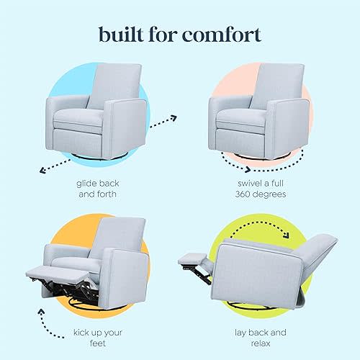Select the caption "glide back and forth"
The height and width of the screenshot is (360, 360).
coord(96,189)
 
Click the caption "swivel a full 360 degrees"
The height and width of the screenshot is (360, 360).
coord(261,189)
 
